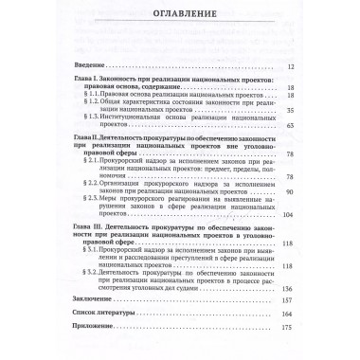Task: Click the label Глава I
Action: (91, 81)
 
